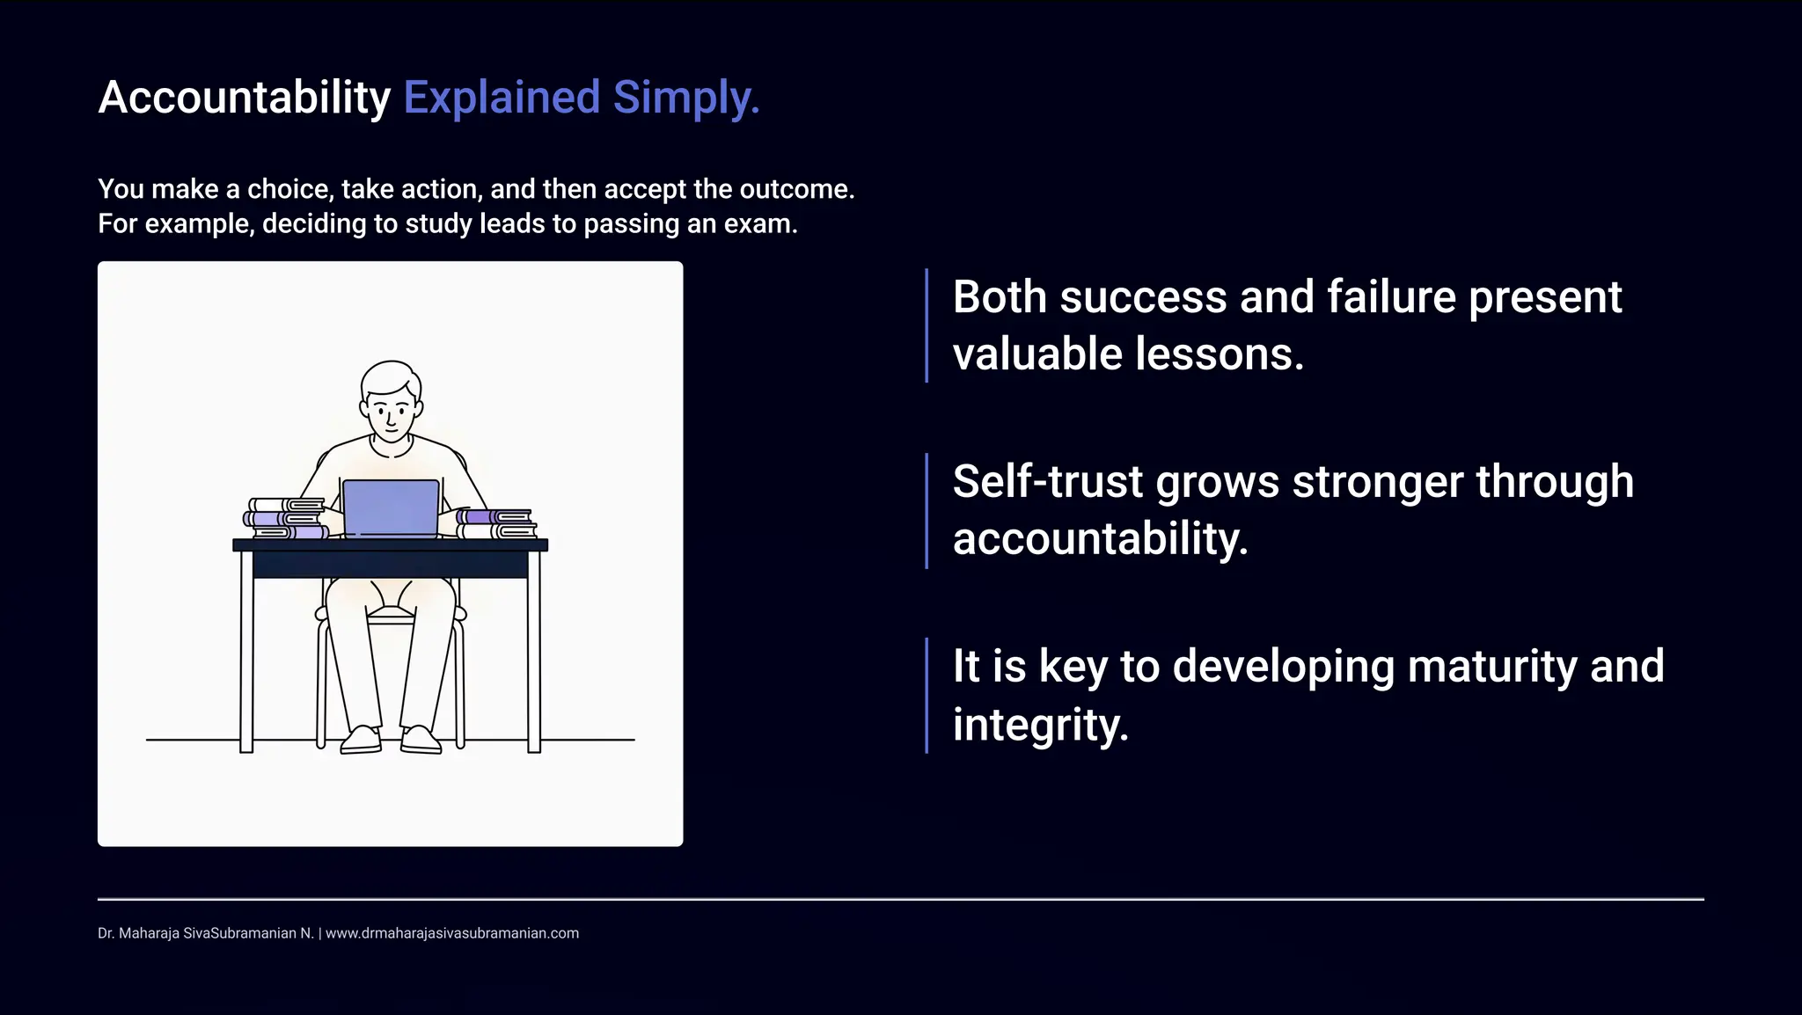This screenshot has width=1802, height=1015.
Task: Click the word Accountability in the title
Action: point(244,98)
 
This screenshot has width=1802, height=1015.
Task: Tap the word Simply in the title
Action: point(685,98)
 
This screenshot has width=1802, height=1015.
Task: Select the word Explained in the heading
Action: point(502,98)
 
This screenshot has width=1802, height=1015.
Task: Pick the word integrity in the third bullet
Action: point(1039,725)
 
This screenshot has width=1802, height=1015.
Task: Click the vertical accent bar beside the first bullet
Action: point(927,325)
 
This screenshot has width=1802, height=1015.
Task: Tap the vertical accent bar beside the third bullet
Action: point(927,695)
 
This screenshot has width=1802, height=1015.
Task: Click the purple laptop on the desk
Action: point(391,507)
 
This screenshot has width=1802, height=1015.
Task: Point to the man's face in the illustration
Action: point(391,411)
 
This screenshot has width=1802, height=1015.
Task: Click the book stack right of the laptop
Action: point(495,523)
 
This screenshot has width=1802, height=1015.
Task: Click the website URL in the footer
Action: point(452,933)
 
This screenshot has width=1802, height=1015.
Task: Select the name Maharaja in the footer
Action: point(149,933)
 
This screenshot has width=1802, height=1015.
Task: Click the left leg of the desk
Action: point(246,651)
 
